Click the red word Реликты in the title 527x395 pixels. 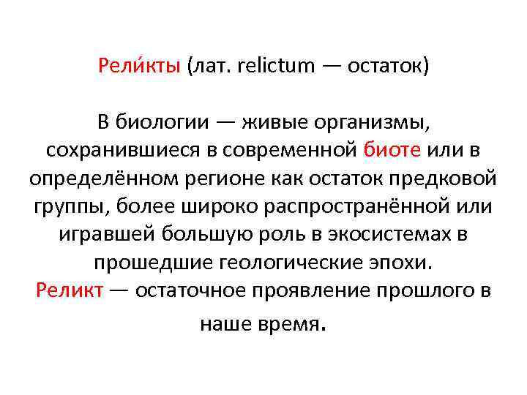point(139,67)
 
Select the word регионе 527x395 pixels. point(217,178)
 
